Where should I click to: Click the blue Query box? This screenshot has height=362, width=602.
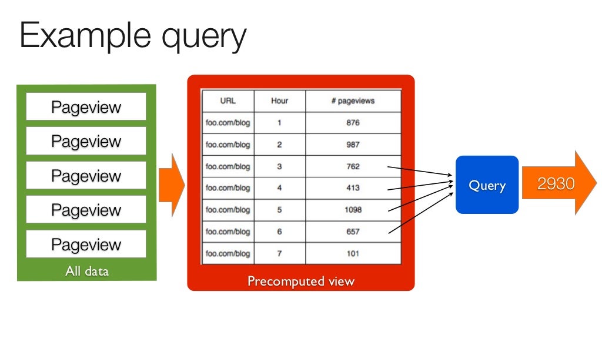[x=487, y=185]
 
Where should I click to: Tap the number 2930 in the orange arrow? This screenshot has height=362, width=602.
[x=556, y=184]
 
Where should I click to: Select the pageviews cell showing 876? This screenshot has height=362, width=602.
[x=353, y=123]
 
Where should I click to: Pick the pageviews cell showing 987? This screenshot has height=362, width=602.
[x=353, y=145]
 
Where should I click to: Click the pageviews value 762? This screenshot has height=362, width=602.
[x=353, y=166]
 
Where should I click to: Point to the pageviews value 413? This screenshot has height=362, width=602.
[x=353, y=188]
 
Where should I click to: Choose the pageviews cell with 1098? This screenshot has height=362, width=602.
[x=353, y=210]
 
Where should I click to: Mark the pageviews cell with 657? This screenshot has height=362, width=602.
[x=353, y=232]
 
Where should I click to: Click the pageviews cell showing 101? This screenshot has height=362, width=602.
[x=353, y=254]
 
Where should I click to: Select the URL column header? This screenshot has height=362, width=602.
[x=228, y=100]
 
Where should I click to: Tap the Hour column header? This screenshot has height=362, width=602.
[x=279, y=100]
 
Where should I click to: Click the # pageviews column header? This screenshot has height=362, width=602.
[x=353, y=100]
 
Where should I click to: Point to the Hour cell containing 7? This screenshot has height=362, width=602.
[x=279, y=254]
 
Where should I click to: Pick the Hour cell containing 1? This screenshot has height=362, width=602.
[x=279, y=123]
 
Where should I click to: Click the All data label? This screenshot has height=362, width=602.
[x=86, y=271]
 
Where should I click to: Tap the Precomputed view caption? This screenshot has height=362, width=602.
[x=300, y=281]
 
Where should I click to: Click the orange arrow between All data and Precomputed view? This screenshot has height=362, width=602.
[x=171, y=185]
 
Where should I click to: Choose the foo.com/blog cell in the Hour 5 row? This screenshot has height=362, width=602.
[x=228, y=210]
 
